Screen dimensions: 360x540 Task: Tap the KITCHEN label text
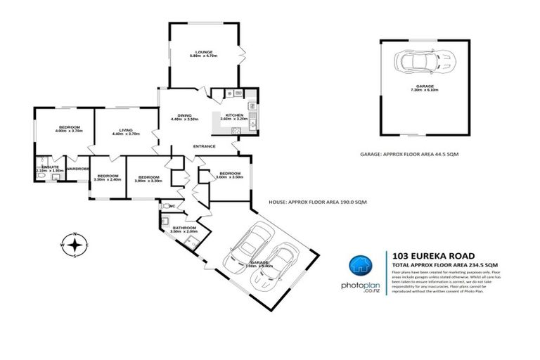point(233,115)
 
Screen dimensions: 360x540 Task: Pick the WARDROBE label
point(77,169)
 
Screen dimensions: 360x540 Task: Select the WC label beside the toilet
point(172,206)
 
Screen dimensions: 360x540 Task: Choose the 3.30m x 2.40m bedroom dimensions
point(107,180)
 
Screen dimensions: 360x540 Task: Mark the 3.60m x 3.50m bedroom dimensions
point(229,177)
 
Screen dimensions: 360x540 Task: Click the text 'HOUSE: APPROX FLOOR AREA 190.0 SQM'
point(319,202)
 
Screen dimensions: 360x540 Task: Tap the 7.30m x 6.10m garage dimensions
point(423,90)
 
